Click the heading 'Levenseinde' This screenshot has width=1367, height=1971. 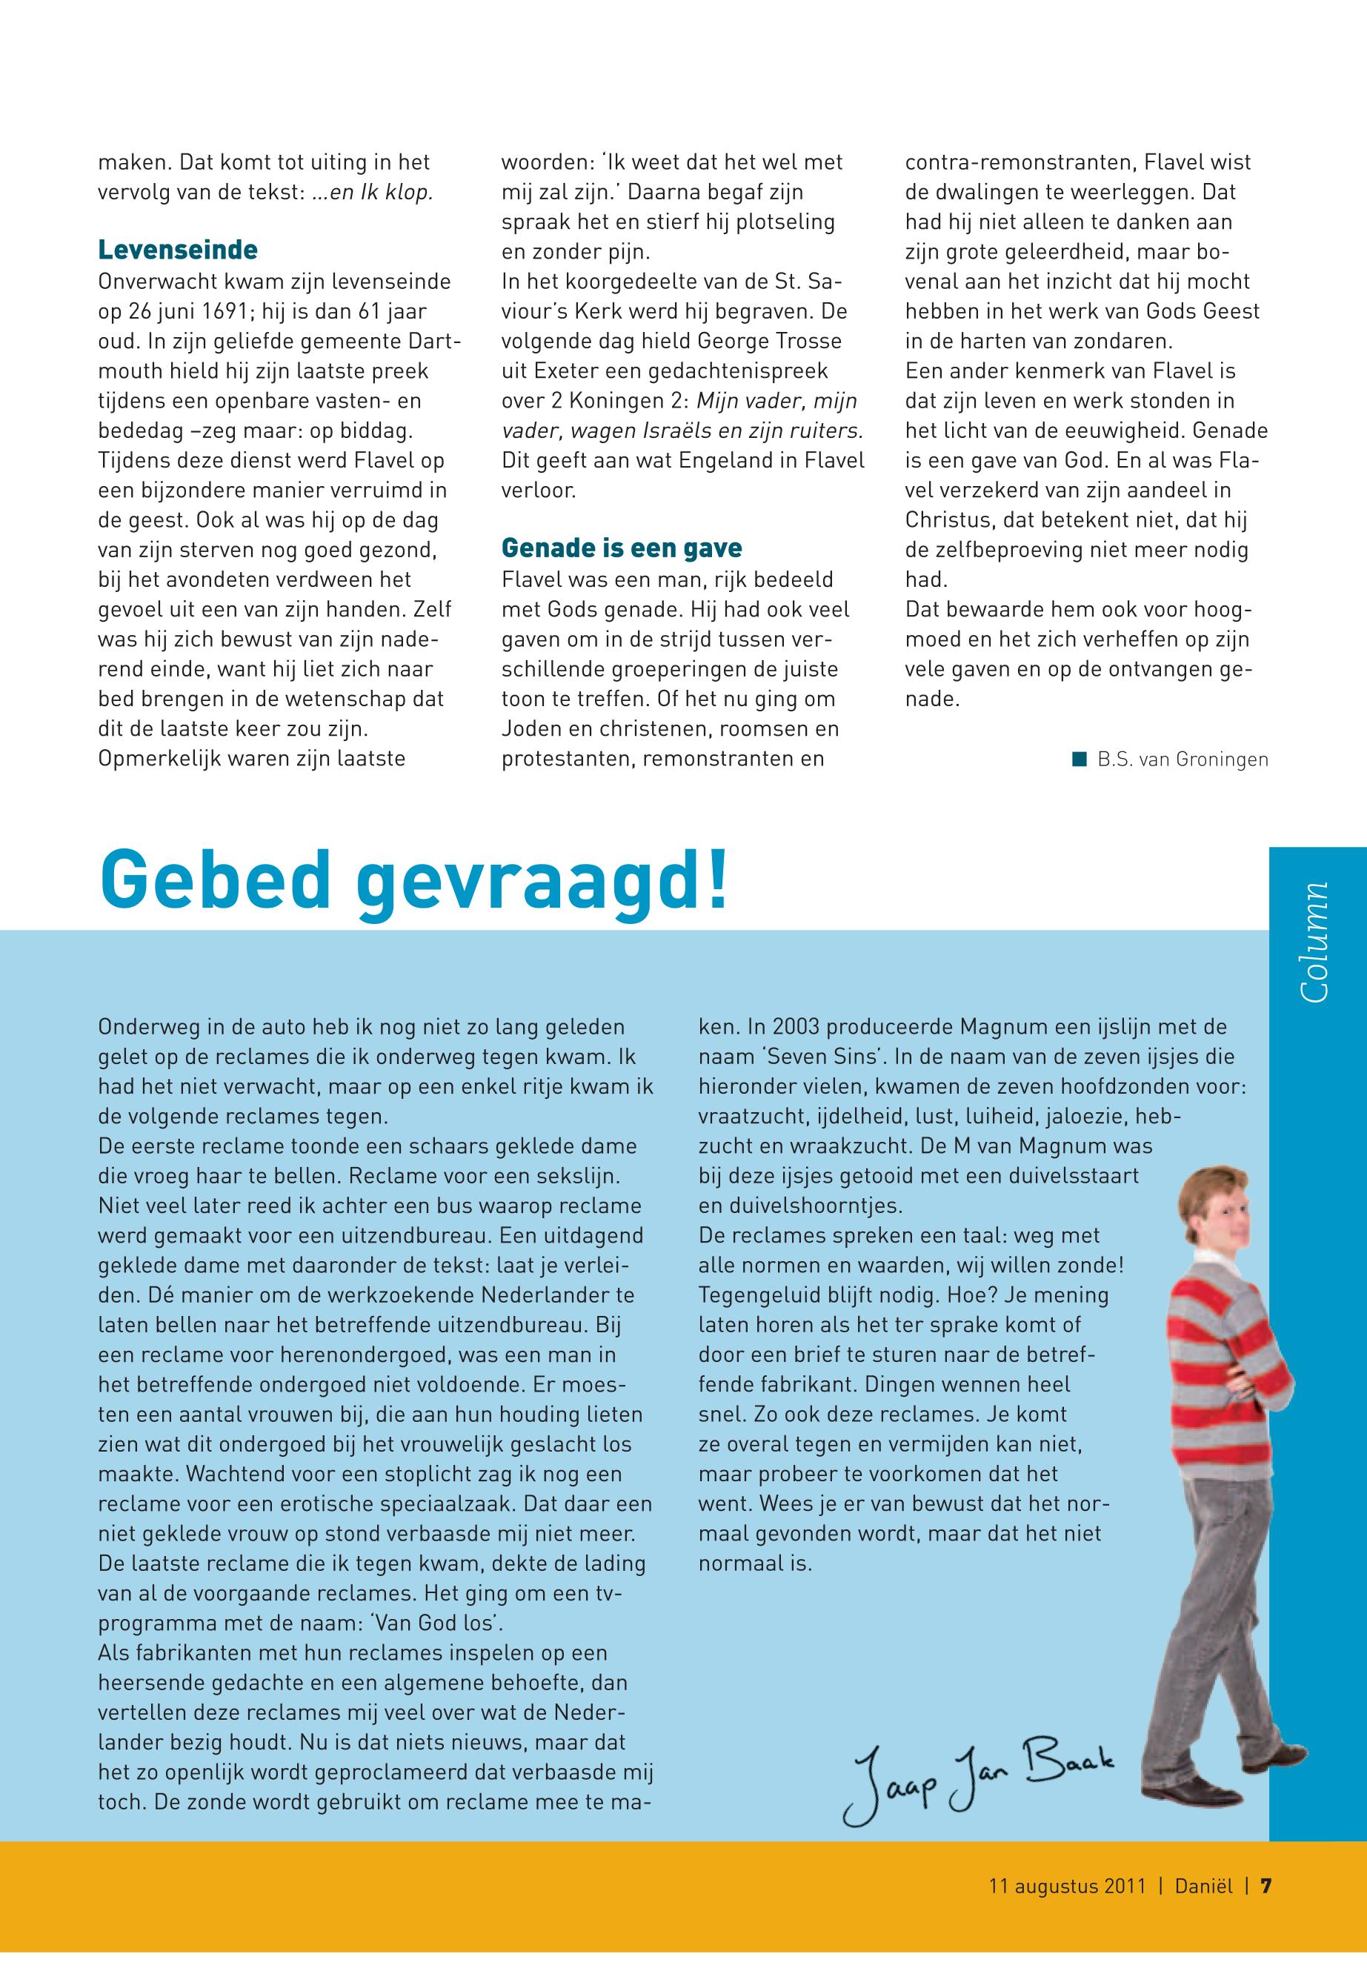[x=177, y=250]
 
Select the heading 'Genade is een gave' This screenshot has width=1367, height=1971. [x=622, y=548]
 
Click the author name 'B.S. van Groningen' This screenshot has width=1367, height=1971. [x=1183, y=760]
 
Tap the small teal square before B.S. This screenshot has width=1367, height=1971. [x=1080, y=759]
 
